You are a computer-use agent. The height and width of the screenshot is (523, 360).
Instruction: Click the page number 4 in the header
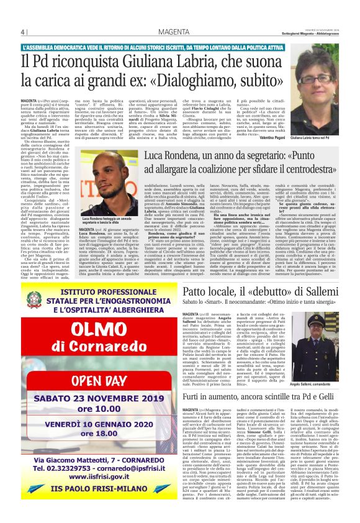(x=23, y=32)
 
